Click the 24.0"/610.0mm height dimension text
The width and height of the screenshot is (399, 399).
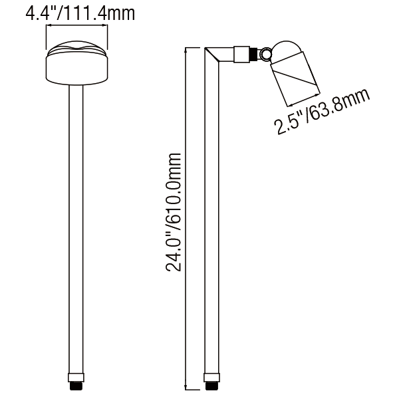174,212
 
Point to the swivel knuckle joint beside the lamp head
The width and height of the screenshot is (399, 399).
266,53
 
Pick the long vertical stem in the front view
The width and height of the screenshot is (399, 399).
76,233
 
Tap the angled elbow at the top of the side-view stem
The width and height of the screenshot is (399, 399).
213,55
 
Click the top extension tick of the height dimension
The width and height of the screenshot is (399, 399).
193,47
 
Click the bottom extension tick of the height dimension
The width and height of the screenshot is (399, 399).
193,390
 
